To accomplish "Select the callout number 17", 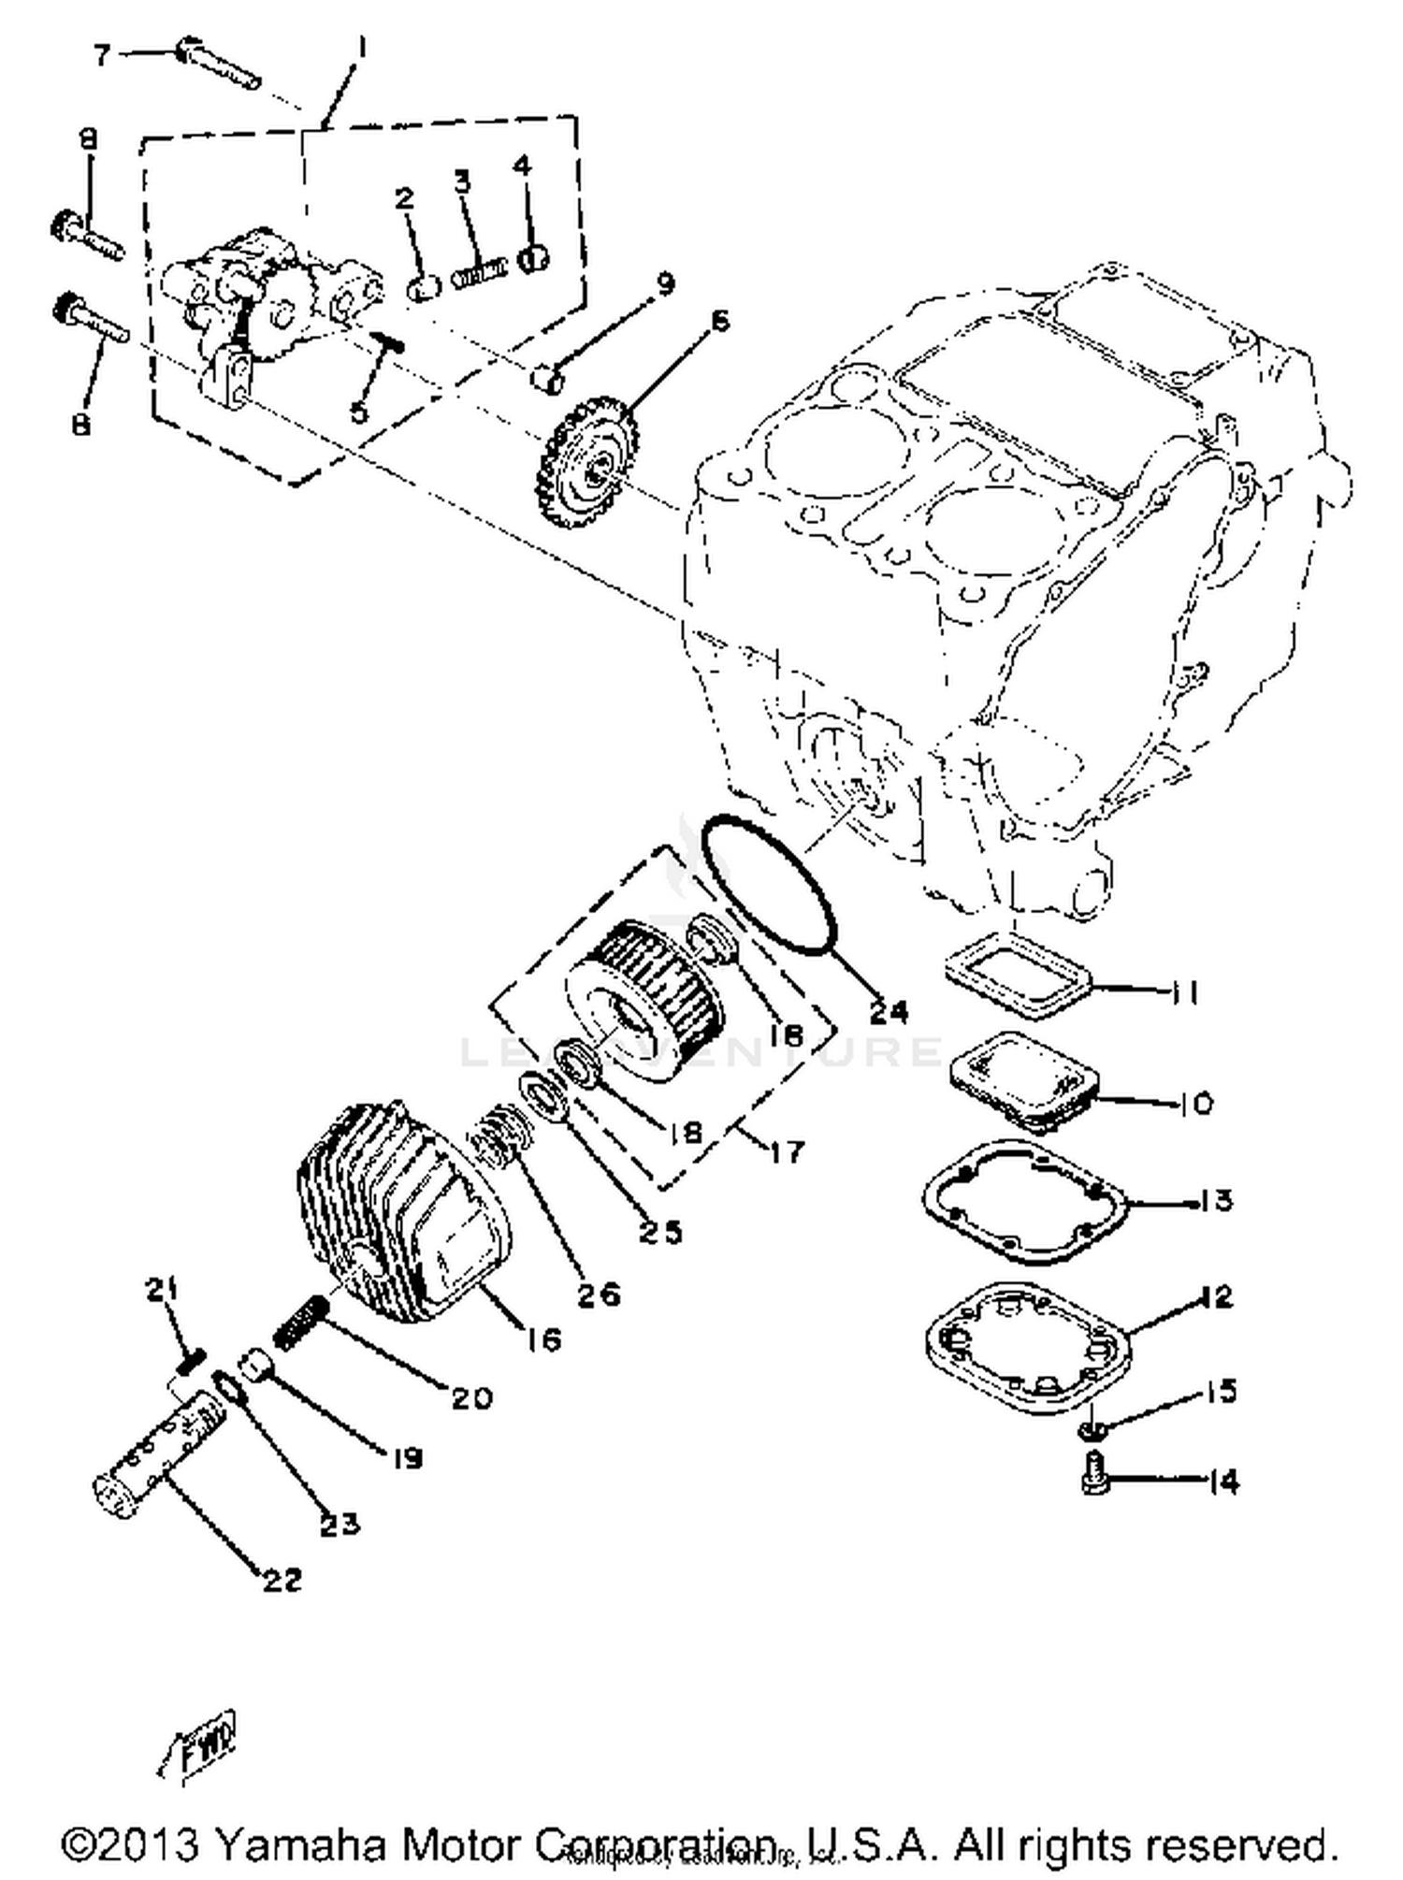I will click(787, 1151).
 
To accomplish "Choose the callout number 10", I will click(1195, 1104).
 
